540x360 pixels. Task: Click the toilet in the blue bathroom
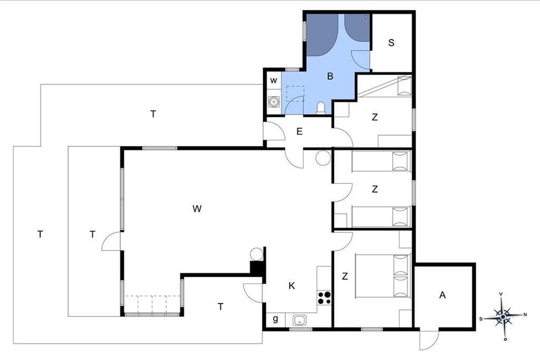321,108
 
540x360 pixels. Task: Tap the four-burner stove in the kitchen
324,298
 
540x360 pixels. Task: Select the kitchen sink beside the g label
300,320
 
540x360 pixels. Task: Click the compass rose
503,317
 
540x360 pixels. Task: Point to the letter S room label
391,43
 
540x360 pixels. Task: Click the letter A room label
442,295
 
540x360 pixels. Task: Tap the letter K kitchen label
292,286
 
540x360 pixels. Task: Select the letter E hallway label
299,131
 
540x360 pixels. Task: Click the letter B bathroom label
330,76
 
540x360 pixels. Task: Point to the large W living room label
197,208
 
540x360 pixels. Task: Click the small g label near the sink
275,319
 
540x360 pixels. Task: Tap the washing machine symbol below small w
274,102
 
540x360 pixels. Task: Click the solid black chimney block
257,268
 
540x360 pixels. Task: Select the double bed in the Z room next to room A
383,276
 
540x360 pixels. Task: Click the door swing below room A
429,340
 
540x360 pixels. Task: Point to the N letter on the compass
525,315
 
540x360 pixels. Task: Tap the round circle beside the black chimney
256,254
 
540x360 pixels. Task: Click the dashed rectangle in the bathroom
295,94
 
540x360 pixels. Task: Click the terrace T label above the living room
153,113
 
